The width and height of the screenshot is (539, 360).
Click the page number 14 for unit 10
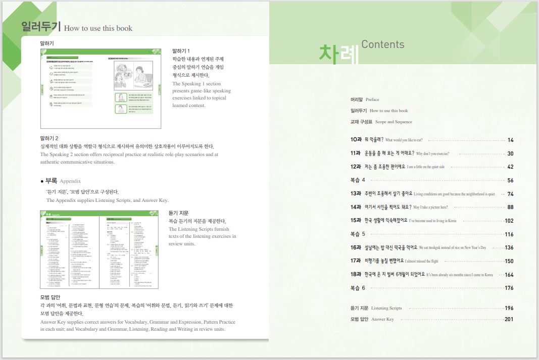pyautogui.click(x=510, y=140)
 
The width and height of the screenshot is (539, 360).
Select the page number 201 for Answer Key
pyautogui.click(x=509, y=319)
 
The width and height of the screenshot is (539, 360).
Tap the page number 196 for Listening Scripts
pyautogui.click(x=509, y=308)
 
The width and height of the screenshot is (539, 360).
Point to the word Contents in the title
pyautogui.click(x=382, y=44)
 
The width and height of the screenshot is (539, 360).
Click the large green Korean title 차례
pyautogui.click(x=338, y=55)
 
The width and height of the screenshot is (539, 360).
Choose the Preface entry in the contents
pyautogui.click(x=364, y=99)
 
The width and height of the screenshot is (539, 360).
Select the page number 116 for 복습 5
pyautogui.click(x=509, y=234)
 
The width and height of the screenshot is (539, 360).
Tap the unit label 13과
pyautogui.click(x=356, y=194)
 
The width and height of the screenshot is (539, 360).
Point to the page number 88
pyautogui.click(x=510, y=207)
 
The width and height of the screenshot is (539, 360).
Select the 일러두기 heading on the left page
pyautogui.click(x=41, y=27)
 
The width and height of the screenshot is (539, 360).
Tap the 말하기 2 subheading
pyautogui.click(x=50, y=138)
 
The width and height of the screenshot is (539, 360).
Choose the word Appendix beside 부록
pyautogui.click(x=70, y=181)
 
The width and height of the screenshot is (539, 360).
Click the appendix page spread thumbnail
pyautogui.click(x=99, y=249)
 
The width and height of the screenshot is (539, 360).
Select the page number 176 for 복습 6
pyautogui.click(x=509, y=288)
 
